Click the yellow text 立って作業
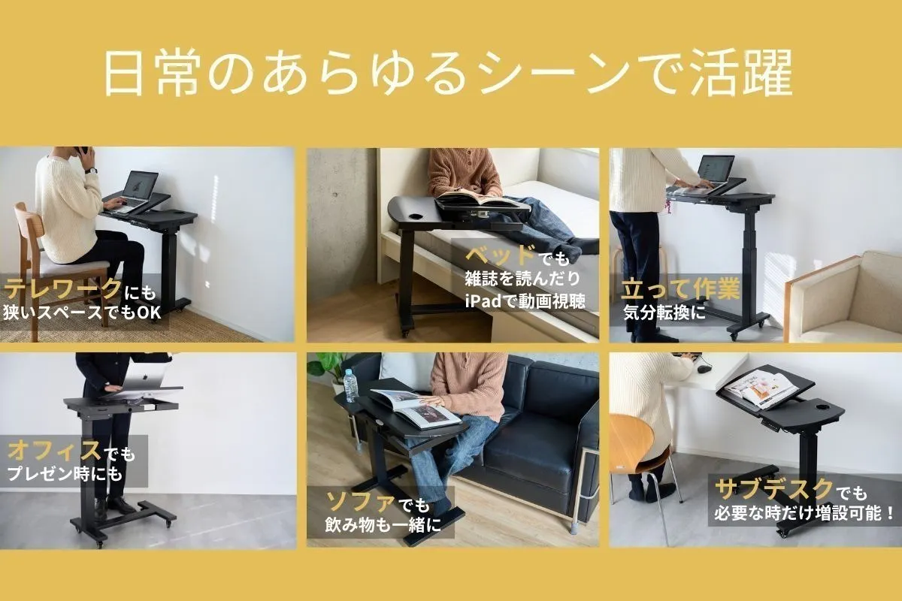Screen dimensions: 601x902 coord(680,289)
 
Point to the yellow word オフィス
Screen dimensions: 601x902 coord(54,452)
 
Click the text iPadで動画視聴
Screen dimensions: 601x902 coord(525,302)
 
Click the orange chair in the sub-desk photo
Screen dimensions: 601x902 coord(630,443)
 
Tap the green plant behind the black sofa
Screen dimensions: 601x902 coord(326,365)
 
